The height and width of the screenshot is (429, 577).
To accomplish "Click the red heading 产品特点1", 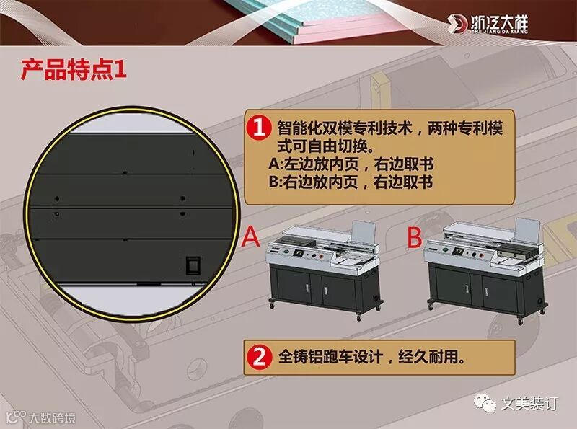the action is (74, 69).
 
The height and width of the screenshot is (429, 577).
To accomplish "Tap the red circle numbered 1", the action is (259, 128).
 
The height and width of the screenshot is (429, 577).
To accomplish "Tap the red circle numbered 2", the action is (259, 357).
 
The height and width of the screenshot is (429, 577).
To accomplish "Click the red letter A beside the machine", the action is (251, 236).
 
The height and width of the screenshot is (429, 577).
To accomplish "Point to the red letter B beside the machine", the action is (415, 236).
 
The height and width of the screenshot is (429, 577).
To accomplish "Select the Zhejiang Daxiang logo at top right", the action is (488, 24).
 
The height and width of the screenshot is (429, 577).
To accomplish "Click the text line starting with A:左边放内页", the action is (351, 164).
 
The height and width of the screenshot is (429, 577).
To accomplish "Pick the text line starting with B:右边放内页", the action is (351, 182).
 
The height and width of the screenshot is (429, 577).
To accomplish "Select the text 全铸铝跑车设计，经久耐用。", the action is (372, 357).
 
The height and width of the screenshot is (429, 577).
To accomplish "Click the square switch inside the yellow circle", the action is (193, 265).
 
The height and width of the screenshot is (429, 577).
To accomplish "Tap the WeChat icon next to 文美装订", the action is (485, 404).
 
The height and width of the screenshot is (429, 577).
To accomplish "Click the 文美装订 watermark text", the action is (529, 404).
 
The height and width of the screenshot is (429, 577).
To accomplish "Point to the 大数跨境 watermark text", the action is (52, 418).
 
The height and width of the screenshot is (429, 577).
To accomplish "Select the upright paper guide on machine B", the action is (527, 230).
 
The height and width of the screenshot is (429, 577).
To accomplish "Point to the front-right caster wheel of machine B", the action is (520, 320).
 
